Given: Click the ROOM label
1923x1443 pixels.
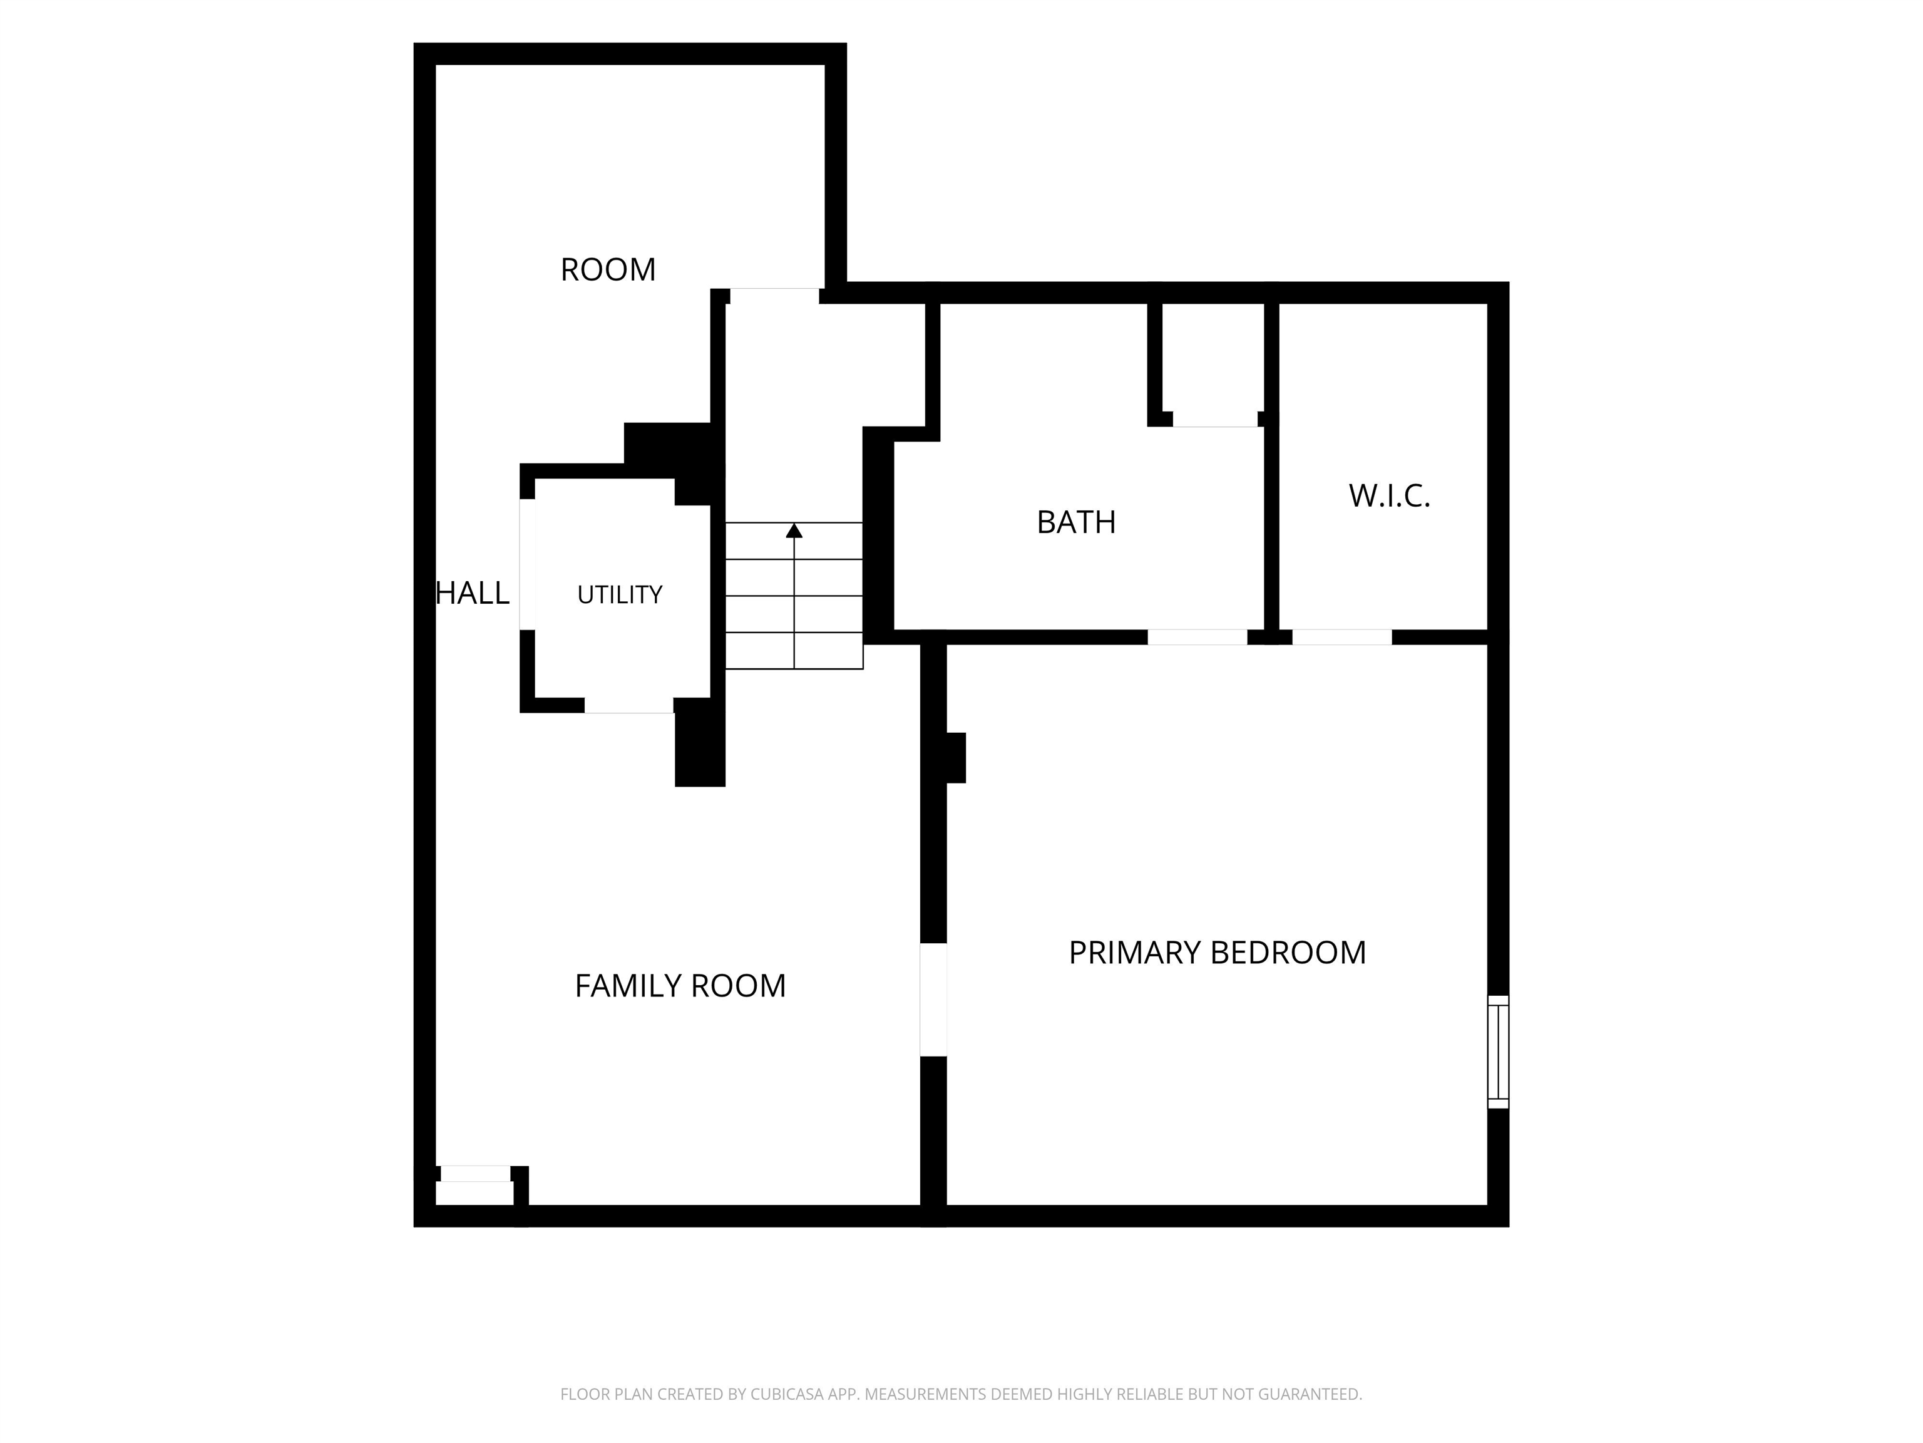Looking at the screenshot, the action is [608, 270].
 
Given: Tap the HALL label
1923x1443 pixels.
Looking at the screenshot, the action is [472, 593].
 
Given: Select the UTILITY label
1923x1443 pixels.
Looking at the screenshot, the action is [620, 595].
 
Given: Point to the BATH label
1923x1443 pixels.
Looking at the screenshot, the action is [1076, 522].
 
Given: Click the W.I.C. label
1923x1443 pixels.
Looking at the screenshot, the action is [1389, 496].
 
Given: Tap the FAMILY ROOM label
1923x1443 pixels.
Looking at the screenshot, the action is [680, 985].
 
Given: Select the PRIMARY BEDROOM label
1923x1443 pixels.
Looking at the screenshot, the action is [1217, 953].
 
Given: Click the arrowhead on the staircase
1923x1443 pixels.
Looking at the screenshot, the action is [794, 530].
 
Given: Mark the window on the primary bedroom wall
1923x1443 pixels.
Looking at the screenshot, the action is [1498, 1052].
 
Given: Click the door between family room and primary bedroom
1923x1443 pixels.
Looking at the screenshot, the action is [933, 1000].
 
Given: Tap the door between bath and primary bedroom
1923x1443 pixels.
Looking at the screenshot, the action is [1197, 637].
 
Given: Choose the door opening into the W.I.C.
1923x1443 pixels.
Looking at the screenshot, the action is [1341, 637].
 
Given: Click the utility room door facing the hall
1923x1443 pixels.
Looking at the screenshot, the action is [527, 564].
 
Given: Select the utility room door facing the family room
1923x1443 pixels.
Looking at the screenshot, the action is [628, 705].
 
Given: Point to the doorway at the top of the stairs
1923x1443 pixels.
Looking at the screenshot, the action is [774, 296].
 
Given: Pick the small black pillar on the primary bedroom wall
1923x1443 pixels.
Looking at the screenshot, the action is [955, 758].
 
